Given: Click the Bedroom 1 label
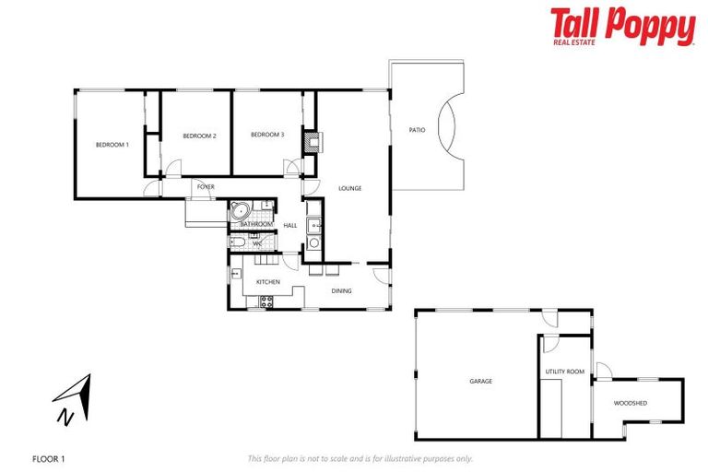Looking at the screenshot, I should point(112,145).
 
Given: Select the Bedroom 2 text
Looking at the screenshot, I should point(199,136).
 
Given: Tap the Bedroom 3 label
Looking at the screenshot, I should point(267,136).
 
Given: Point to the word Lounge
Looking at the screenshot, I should point(349,188).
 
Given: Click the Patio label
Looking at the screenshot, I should point(417,130).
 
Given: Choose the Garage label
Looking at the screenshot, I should point(480,381).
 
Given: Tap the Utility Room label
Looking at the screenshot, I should point(564,372).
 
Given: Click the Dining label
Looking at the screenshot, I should point(341,291).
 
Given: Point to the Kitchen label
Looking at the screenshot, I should point(267,282).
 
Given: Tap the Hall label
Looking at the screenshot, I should point(289,225).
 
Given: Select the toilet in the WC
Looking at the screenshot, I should point(238,242).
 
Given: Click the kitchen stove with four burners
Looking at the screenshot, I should point(266,300).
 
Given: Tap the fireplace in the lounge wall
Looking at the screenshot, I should point(313,141).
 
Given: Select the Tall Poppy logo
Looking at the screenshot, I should point(622,27).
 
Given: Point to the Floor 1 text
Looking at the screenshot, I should point(48,458).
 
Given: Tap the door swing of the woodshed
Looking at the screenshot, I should point(603,371).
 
